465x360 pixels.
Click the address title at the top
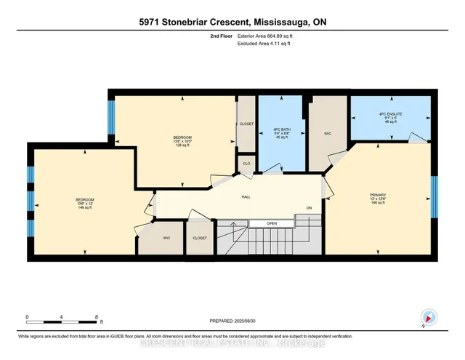[232, 22]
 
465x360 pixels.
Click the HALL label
[246, 196]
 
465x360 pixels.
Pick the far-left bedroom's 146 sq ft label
[85, 204]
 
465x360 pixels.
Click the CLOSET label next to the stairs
[200, 238]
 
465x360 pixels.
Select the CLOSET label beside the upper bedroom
[246, 124]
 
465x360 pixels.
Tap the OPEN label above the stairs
[272, 223]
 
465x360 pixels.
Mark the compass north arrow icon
[428, 317]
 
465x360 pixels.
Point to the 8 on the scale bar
[96, 317]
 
